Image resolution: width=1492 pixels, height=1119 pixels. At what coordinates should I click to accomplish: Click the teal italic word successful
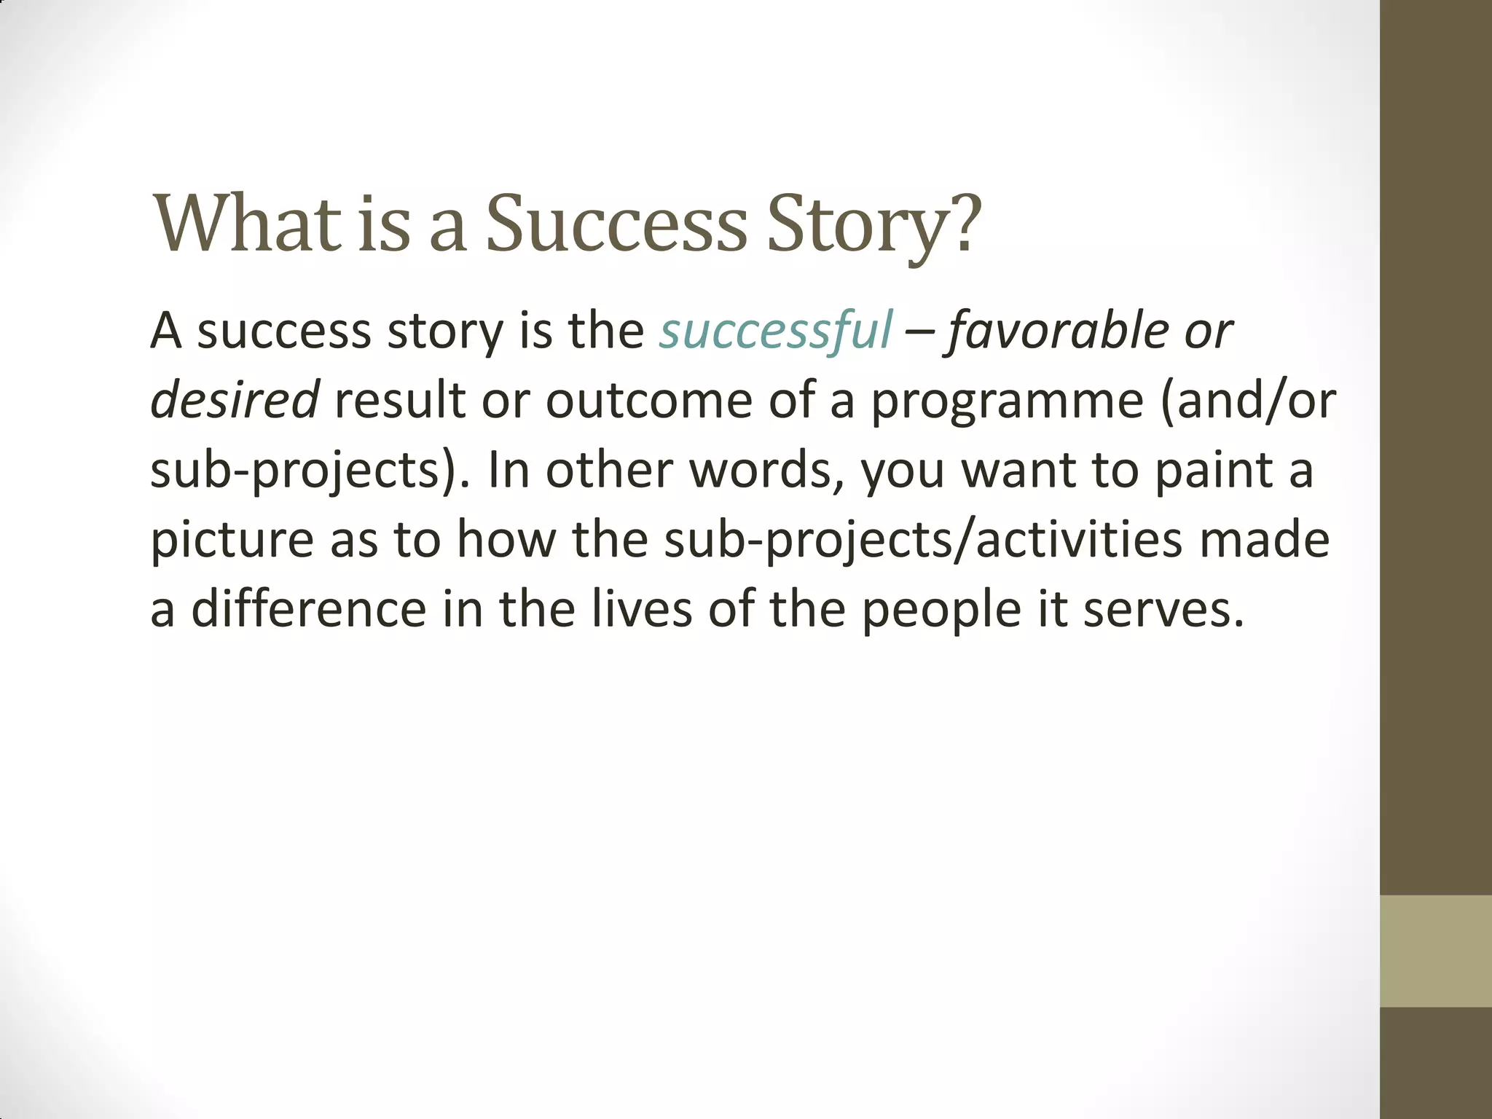pos(775,331)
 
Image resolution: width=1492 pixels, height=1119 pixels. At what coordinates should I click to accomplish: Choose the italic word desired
pos(234,401)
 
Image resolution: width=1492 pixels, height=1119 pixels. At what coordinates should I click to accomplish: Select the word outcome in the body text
pos(648,401)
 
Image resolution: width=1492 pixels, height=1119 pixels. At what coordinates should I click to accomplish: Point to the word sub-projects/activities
pos(922,541)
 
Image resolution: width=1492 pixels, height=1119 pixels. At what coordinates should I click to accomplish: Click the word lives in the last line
pos(640,609)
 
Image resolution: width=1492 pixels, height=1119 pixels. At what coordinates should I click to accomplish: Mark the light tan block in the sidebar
pos(1435,951)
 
